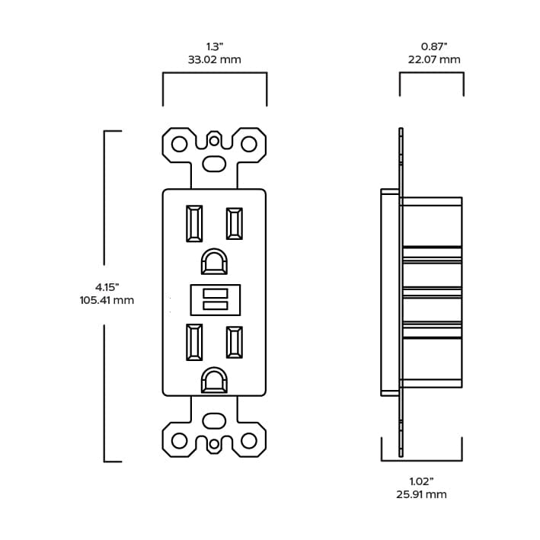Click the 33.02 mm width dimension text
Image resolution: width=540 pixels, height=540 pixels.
coord(214,59)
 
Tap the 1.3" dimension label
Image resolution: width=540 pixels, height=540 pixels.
coord(215,46)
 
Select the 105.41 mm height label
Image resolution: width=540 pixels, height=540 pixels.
coord(107,300)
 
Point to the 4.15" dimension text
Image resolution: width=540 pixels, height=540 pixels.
coord(107,287)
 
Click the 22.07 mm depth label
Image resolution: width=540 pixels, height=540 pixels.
coord(434,59)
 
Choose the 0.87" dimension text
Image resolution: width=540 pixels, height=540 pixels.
coord(434,46)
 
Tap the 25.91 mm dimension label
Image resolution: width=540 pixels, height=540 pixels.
coord(421,494)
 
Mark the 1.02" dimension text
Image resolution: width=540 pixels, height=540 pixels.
coord(421,481)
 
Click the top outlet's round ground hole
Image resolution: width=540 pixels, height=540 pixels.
coord(214,262)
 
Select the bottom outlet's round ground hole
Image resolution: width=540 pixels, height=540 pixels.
coord(214,381)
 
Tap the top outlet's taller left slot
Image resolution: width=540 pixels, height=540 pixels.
coord(194,223)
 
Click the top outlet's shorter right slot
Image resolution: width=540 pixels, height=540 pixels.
coord(234,223)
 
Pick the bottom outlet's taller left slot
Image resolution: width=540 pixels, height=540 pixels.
coord(194,342)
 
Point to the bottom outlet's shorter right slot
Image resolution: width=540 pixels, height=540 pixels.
coord(234,342)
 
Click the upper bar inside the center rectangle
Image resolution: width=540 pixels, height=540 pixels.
coord(216,293)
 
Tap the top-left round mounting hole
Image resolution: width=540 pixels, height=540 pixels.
coord(179,144)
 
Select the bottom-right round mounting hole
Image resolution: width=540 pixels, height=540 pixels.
coord(248,441)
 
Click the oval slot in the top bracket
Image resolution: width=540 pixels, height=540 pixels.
coord(214,164)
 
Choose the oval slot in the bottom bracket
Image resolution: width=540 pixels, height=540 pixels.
coord(214,421)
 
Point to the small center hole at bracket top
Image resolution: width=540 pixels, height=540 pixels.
coord(214,140)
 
